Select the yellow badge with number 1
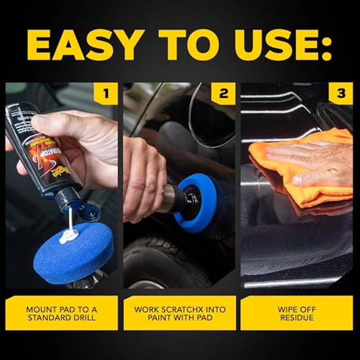click(106, 94)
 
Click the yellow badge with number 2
click(224, 94)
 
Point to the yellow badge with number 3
click(341, 94)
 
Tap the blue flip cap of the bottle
click(88, 211)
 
